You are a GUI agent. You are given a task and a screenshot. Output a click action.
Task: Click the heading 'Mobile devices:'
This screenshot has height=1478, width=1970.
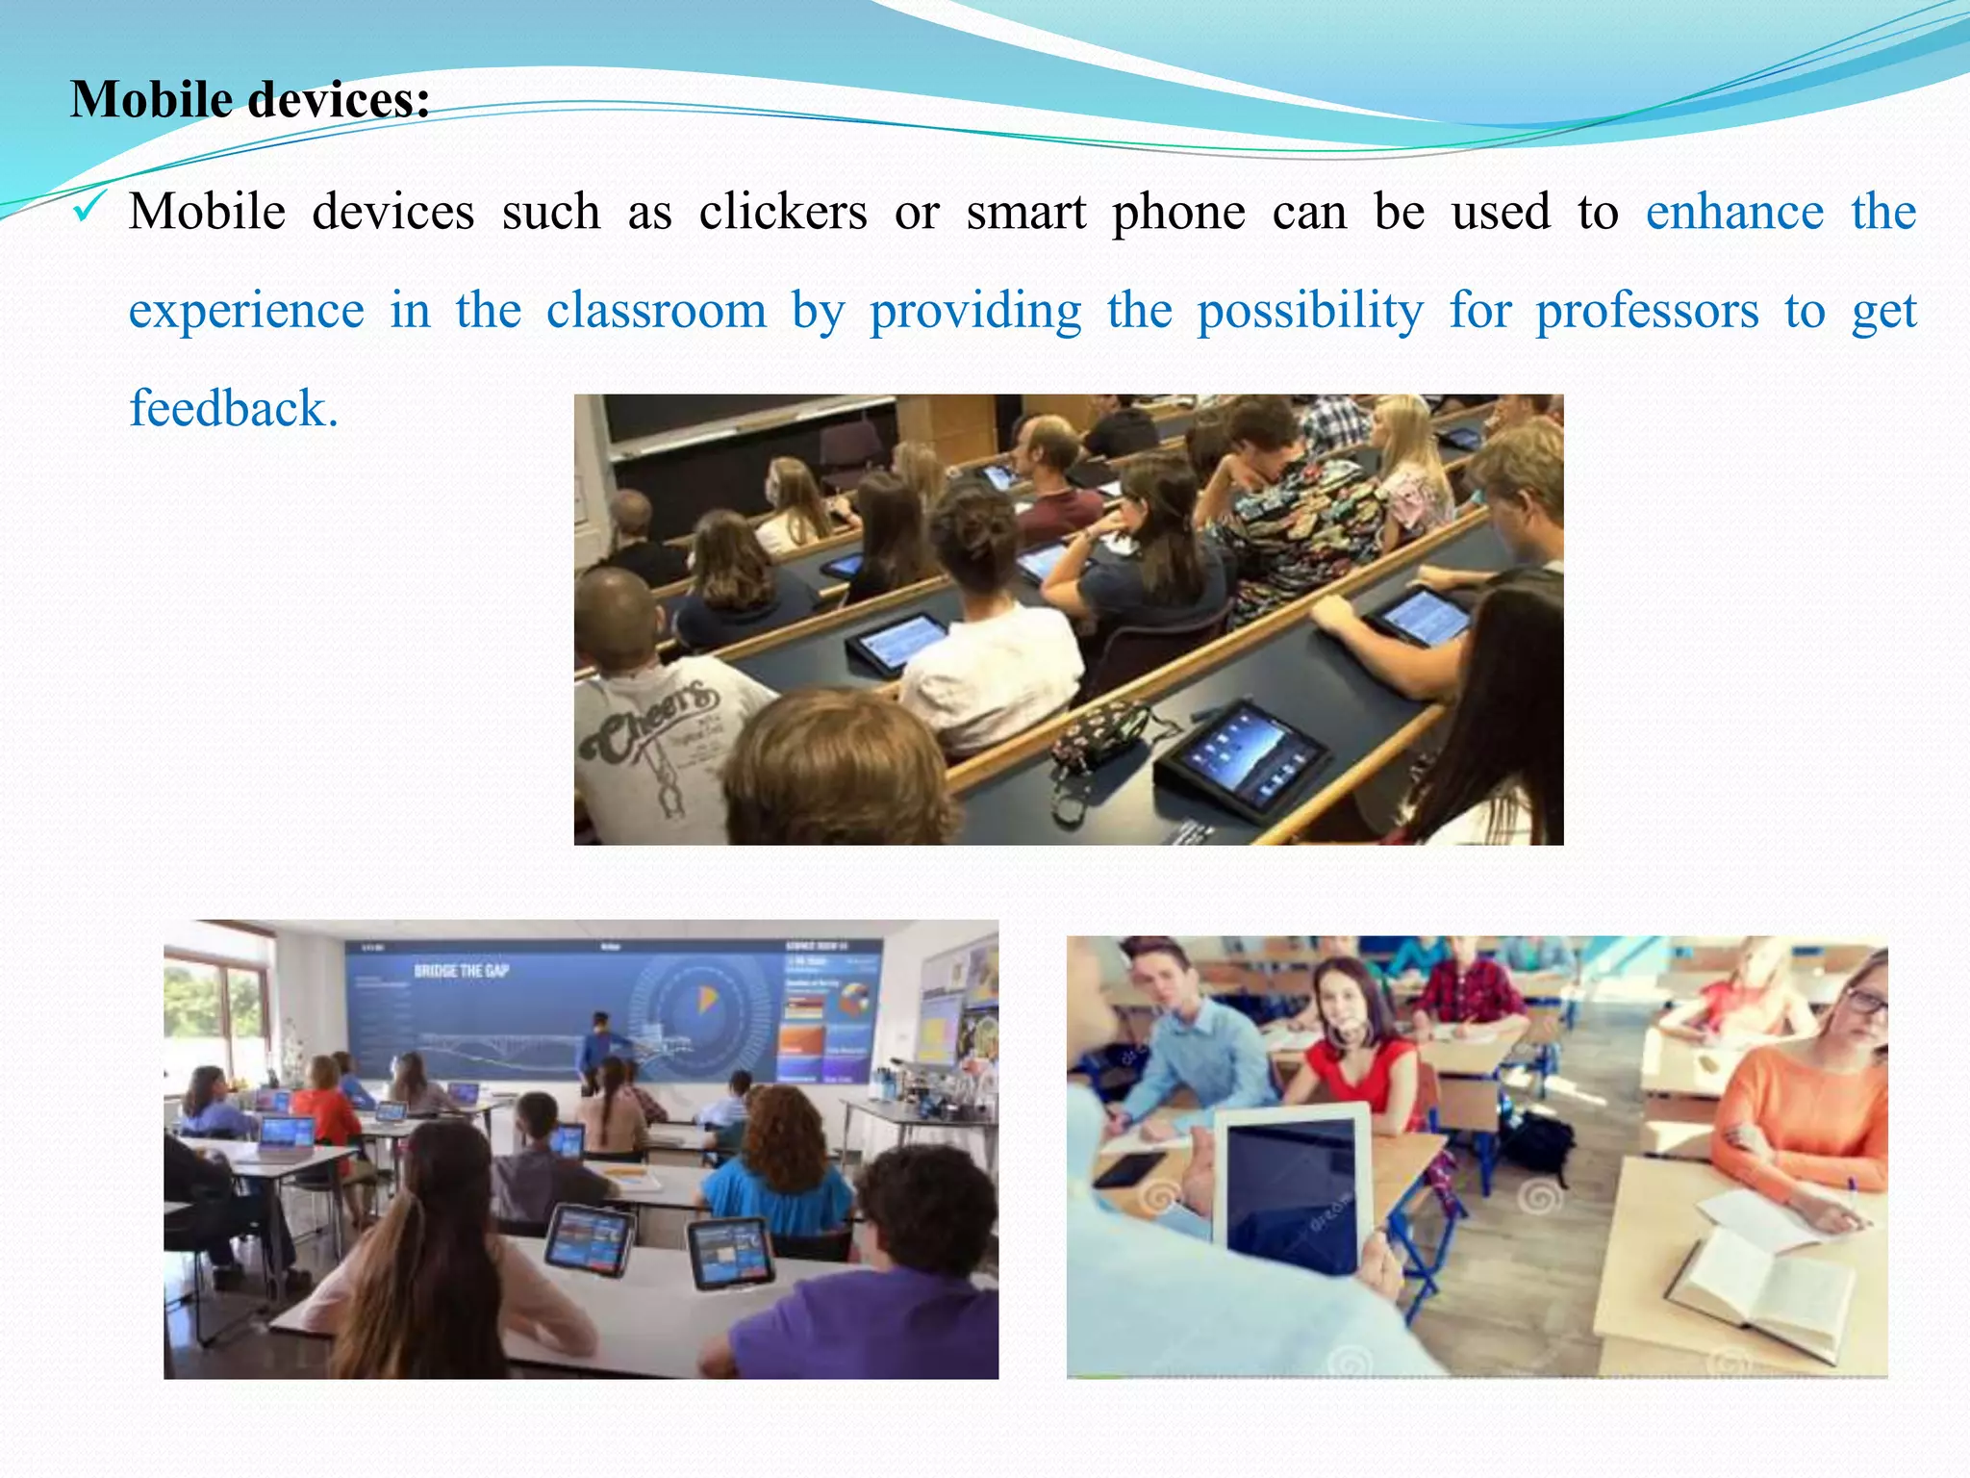coord(250,100)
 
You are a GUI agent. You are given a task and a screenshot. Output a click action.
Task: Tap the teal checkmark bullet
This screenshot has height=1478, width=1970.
coord(88,206)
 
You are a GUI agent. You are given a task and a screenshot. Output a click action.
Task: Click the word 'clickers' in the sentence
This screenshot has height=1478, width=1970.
coord(782,212)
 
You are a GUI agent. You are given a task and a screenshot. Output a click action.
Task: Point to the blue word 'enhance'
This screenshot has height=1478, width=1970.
coord(1733,212)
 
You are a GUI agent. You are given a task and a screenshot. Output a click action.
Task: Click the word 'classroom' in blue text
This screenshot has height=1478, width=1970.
coord(656,311)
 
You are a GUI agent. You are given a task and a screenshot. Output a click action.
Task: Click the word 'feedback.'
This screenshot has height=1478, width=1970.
coord(234,409)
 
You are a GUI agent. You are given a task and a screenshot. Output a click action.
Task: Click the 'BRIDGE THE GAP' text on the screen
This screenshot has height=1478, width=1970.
coord(461,971)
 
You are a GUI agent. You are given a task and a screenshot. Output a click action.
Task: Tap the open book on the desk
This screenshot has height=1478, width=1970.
coord(1760,1290)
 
